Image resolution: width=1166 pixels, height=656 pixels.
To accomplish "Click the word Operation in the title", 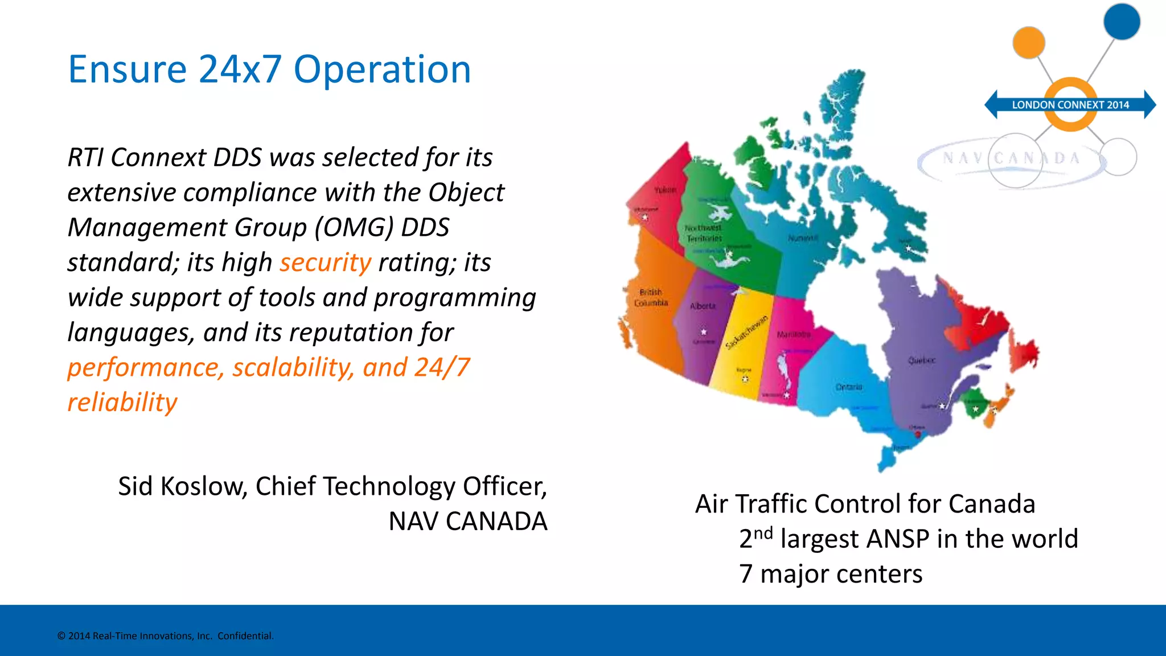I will click(x=382, y=70).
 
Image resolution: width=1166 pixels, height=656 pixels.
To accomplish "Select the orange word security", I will click(x=325, y=263).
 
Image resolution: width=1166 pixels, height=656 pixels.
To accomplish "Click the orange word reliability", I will click(x=122, y=403).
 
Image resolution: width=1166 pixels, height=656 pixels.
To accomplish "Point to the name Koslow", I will click(x=203, y=486).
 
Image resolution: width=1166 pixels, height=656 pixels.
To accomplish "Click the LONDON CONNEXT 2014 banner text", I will click(x=1070, y=105).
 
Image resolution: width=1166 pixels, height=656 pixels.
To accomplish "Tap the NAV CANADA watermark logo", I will click(x=1011, y=158).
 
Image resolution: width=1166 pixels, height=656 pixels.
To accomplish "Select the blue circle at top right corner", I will click(x=1121, y=22).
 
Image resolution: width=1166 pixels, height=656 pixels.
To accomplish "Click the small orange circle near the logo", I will click(x=1028, y=42).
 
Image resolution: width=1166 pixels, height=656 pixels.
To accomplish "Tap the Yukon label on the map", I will click(x=665, y=190).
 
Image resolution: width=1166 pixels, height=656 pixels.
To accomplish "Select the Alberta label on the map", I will click(x=703, y=306).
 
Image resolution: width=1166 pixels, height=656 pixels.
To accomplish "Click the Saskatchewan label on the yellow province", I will click(x=746, y=332).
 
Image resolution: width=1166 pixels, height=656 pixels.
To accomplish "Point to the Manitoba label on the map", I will click(x=793, y=334).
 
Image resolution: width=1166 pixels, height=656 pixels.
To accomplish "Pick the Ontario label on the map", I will click(x=848, y=387).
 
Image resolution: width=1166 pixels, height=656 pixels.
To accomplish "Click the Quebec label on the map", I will click(x=921, y=360).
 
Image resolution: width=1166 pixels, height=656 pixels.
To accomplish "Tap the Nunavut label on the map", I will click(x=803, y=238).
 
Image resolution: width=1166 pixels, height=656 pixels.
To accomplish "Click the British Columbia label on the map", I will click(x=651, y=297).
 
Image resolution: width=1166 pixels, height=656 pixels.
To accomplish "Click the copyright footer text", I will click(x=165, y=636).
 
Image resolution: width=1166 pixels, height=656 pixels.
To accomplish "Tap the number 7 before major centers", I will click(x=745, y=574).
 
